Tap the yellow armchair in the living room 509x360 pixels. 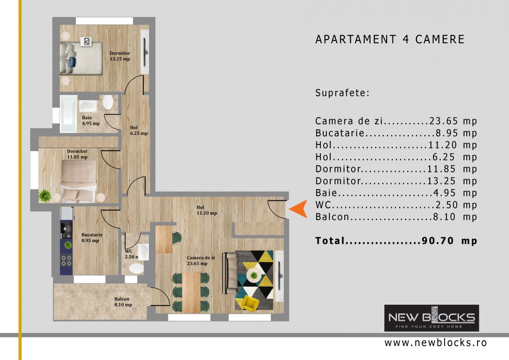pos(251,302)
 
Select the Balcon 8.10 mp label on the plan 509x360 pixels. pos(123,302)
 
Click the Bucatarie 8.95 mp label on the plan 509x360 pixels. pos(92,238)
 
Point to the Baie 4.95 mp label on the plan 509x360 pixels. pos(90,121)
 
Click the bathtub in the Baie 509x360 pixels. pos(68,113)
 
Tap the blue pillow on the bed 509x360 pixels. pos(72,61)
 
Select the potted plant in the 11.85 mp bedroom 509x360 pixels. pos(45,196)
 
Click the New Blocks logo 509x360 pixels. pos(432,318)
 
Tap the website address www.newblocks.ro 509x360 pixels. pos(436,343)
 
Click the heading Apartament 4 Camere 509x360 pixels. pos(390,39)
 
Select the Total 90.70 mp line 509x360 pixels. pos(396,241)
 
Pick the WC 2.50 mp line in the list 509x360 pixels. pos(396,205)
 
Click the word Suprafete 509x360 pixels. pos(342,93)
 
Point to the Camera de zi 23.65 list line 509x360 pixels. pos(396,121)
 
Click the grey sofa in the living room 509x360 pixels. pos(230,273)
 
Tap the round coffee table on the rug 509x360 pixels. pos(254,275)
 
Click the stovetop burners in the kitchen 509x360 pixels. pos(67,261)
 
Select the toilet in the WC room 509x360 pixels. pos(136,268)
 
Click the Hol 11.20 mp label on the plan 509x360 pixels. pos(207,210)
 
